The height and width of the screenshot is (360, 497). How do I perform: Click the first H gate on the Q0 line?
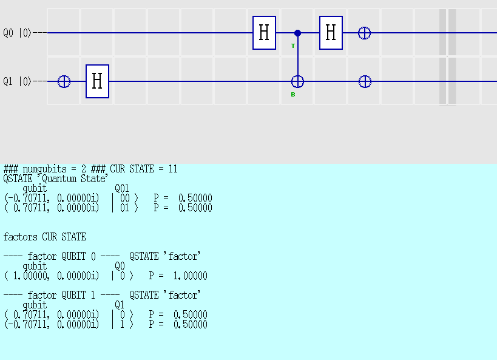(264, 33)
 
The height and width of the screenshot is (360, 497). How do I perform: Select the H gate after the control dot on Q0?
(331, 33)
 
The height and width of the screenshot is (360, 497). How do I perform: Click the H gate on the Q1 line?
(97, 81)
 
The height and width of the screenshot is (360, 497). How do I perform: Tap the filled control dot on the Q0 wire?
(297, 33)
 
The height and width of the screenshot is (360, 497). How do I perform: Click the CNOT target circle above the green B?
(297, 82)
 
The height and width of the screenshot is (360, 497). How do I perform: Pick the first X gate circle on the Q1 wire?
(64, 82)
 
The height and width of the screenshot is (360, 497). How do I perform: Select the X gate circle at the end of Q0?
(365, 33)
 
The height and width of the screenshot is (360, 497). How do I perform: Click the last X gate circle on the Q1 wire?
(365, 82)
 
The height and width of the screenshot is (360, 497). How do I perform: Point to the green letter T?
(293, 46)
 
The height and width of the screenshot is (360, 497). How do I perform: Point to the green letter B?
(293, 95)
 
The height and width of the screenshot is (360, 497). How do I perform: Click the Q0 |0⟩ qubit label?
(18, 33)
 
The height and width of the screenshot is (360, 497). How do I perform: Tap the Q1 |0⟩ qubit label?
(18, 81)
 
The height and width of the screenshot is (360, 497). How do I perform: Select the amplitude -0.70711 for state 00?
(27, 199)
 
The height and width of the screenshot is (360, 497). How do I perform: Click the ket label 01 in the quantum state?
(125, 208)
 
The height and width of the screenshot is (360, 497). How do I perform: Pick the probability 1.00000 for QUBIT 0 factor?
(190, 276)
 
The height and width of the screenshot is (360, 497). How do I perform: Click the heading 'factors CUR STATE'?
(45, 237)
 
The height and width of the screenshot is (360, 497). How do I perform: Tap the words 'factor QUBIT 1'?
(61, 295)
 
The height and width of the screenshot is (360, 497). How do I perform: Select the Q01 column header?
(122, 188)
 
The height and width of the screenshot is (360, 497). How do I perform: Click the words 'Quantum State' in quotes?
(75, 178)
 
